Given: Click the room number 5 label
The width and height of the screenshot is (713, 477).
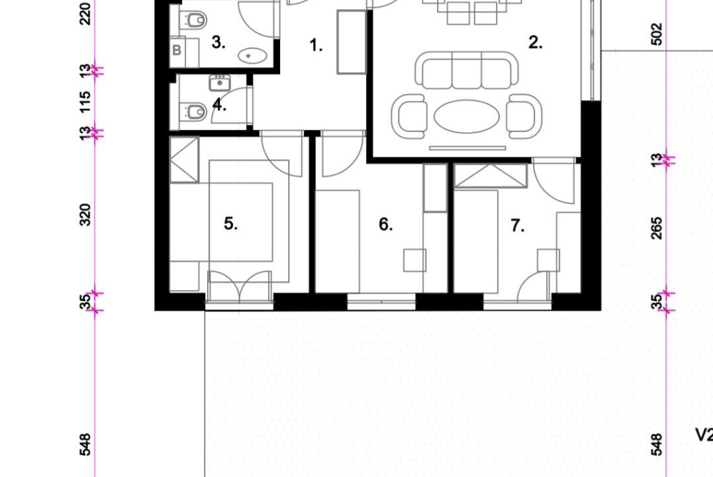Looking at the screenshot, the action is tap(230, 224).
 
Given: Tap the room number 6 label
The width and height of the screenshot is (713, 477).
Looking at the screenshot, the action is tap(385, 225).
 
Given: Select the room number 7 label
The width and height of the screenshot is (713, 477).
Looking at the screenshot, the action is tap(517, 225).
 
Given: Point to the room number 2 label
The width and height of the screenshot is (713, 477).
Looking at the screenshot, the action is tap(535, 42).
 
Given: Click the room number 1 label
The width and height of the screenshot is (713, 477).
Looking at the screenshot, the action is tap(316, 45).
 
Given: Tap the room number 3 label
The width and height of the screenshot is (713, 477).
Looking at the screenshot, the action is tap(218, 42).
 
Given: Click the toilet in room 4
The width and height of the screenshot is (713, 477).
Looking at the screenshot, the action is tap(194, 111).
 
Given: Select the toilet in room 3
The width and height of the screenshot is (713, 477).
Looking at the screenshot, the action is tap(194, 21).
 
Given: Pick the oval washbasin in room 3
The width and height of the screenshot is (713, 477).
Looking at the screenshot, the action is tap(252, 56).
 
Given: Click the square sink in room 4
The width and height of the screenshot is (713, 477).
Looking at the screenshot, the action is tap(220, 83).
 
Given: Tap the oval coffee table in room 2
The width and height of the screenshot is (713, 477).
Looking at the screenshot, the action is tap(467, 117).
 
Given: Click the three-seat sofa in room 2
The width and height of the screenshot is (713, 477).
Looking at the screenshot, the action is tap(467, 70).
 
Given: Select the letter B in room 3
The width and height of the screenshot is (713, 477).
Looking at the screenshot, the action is tap(177, 50).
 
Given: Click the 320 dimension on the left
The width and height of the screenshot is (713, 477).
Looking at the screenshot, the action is tap(85, 215).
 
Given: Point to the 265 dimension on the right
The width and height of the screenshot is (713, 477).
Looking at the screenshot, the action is tap(657, 228).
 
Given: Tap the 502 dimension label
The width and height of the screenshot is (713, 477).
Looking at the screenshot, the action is tap(657, 34).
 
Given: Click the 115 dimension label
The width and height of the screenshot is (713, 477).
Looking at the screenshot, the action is tap(85, 102).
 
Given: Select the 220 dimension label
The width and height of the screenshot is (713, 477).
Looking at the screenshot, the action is tap(85, 14).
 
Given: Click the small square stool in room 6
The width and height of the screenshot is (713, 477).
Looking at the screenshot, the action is tap(414, 260).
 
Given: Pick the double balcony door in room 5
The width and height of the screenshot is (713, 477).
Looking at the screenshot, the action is tap(239, 287).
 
